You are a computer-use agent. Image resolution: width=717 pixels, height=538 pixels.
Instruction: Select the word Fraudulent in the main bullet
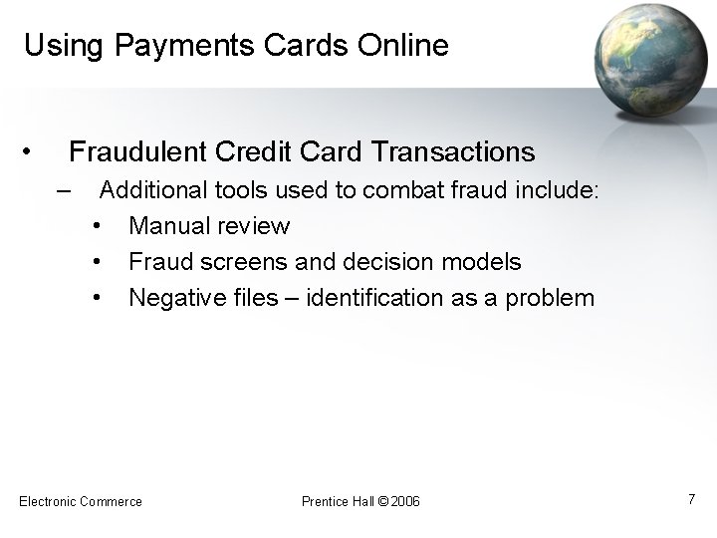tap(134, 152)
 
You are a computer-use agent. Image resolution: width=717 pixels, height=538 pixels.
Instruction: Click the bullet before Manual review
tap(98, 226)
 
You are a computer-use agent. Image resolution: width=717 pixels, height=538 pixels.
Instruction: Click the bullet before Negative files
tap(98, 298)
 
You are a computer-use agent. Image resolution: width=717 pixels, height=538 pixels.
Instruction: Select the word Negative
tap(173, 298)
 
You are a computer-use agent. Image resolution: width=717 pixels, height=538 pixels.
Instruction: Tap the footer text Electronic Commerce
tap(81, 501)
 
